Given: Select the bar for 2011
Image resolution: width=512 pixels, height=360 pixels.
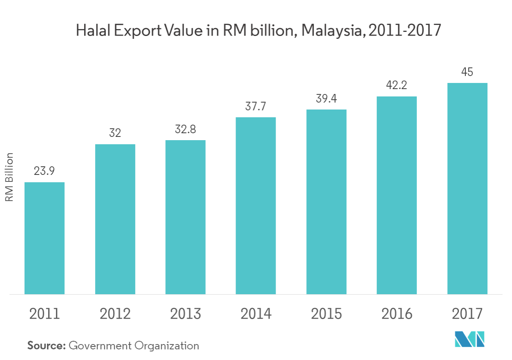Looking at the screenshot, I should tap(45, 238).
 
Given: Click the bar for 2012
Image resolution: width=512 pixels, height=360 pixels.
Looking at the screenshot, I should tap(115, 219).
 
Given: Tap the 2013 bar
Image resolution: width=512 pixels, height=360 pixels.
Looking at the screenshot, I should tap(185, 217).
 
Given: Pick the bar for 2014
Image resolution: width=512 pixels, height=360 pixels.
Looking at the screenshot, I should tap(256, 206).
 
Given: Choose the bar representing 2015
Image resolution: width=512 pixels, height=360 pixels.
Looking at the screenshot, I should tap(326, 202).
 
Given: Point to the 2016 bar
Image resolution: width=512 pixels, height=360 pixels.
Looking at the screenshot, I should tap(396, 195).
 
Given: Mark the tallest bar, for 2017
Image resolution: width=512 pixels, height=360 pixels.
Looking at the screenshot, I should tap(467, 188).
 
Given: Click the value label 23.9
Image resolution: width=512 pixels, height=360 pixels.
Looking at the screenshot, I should tap(45, 171).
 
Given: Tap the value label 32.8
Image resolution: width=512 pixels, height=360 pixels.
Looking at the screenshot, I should tap(185, 130).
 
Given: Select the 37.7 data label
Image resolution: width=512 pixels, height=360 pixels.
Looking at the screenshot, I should tap(256, 107).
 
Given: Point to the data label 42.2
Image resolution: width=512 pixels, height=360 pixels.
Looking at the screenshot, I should tap(396, 86).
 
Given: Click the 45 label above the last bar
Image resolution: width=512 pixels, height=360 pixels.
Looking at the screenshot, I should tap(467, 72).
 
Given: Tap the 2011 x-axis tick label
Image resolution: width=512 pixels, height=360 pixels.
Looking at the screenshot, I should tap(45, 314).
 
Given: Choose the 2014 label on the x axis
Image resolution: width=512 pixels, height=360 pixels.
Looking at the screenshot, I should tap(256, 314).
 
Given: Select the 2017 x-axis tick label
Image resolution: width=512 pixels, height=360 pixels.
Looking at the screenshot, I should tap(467, 314).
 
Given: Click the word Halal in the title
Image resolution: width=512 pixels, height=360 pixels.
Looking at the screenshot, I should tap(91, 31).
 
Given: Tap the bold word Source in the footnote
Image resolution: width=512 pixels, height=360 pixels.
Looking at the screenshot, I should tap(47, 346).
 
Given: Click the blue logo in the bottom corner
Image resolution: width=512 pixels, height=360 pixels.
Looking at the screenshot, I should tap(470, 339).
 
